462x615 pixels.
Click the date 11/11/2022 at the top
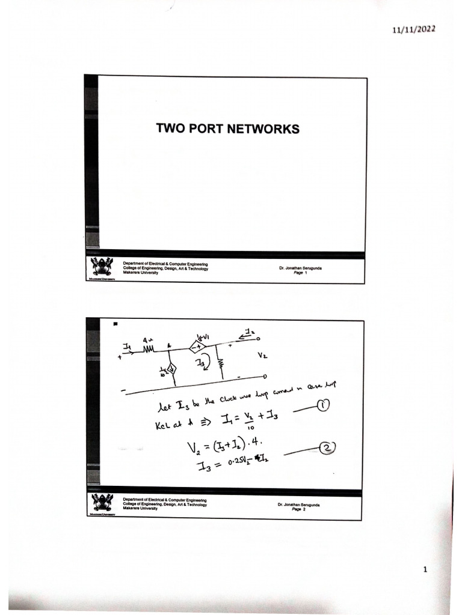click(x=414, y=29)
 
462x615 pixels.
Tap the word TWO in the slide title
click(x=169, y=129)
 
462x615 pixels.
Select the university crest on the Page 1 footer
click(x=101, y=267)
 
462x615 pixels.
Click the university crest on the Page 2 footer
click(x=101, y=502)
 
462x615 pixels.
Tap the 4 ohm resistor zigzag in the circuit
click(x=149, y=348)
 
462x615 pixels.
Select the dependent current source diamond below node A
click(x=171, y=368)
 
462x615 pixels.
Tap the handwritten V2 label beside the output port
click(x=262, y=355)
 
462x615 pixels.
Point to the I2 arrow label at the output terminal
click(x=248, y=330)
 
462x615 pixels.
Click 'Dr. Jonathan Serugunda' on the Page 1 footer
click(x=300, y=268)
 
